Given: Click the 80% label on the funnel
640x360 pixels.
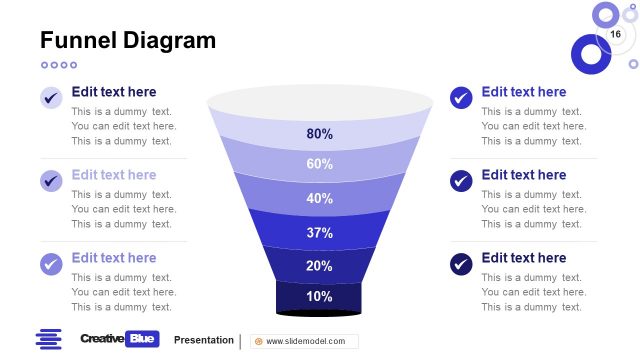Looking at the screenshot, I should (x=320, y=134).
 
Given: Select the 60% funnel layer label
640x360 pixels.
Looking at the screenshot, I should (x=320, y=164).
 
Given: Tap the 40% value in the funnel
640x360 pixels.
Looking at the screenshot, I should (x=320, y=198).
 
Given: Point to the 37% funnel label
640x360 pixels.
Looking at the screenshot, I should (x=320, y=233).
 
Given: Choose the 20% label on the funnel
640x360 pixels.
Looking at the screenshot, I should (x=320, y=266).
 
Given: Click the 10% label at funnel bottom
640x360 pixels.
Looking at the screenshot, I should (x=320, y=296).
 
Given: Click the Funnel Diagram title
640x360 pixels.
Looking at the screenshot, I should (x=127, y=41).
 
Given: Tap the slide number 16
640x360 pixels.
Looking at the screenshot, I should (x=615, y=35).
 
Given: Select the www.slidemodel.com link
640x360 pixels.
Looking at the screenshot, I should (x=305, y=341).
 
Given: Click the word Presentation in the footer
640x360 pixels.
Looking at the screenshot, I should (x=203, y=340).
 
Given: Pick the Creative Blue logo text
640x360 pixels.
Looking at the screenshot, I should (x=119, y=339).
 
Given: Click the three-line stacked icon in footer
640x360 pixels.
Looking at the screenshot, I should (x=48, y=339).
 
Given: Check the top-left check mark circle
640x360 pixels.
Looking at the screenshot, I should (x=51, y=98).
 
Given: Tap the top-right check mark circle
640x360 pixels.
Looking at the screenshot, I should (x=461, y=98).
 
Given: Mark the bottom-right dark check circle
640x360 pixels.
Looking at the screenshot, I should (x=461, y=264).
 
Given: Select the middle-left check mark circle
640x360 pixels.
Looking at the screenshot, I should (x=51, y=181).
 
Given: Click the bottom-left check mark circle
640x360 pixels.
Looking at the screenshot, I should (x=51, y=264).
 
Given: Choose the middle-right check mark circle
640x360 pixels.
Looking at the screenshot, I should (x=461, y=181).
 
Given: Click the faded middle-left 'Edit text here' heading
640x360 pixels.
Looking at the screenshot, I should (x=114, y=175).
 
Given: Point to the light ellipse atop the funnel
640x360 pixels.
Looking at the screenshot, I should (x=320, y=101).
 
